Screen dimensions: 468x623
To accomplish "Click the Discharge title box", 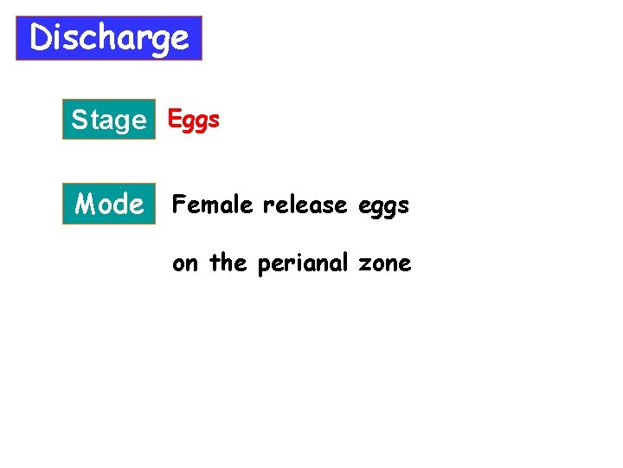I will [x=109, y=38].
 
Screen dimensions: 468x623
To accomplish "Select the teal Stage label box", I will [x=109, y=120].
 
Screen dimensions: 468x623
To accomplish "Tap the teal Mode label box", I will [x=109, y=205].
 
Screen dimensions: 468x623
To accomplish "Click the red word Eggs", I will [x=193, y=120].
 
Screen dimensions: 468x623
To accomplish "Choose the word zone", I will [x=384, y=263].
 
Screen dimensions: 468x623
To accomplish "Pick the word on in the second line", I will [x=184, y=263].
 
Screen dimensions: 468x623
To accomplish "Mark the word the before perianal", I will [x=228, y=263].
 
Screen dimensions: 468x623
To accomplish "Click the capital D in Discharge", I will [x=41, y=38].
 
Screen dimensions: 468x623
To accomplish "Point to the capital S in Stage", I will [x=80, y=120].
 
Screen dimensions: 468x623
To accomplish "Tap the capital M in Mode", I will [x=87, y=205].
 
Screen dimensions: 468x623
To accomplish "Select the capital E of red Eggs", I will [x=174, y=119].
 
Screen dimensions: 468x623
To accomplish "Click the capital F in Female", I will [x=179, y=205].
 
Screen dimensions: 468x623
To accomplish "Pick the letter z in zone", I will [x=364, y=264].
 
